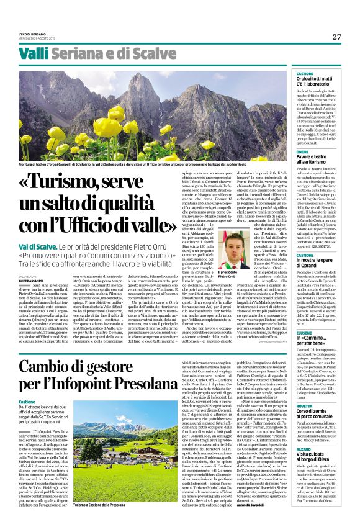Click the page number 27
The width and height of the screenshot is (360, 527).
[336, 37]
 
